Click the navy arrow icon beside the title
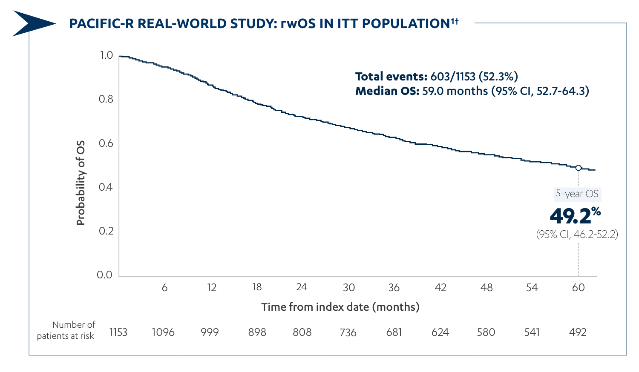[x=32, y=23]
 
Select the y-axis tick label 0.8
[x=106, y=99]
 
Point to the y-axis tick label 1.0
[x=106, y=55]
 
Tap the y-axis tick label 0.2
[x=106, y=231]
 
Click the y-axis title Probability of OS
[x=81, y=183]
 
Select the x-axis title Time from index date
[x=340, y=307]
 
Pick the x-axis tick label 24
[x=302, y=287]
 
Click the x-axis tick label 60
[x=578, y=288]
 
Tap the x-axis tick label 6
[x=164, y=288]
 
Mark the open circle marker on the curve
[x=578, y=168]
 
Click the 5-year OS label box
[x=577, y=194]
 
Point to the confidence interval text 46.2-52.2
[x=577, y=235]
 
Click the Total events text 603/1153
[x=436, y=77]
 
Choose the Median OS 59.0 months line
[x=472, y=91]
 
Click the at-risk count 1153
[x=118, y=332]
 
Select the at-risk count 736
[x=348, y=332]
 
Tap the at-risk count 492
[x=578, y=332]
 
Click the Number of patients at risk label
[x=66, y=330]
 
